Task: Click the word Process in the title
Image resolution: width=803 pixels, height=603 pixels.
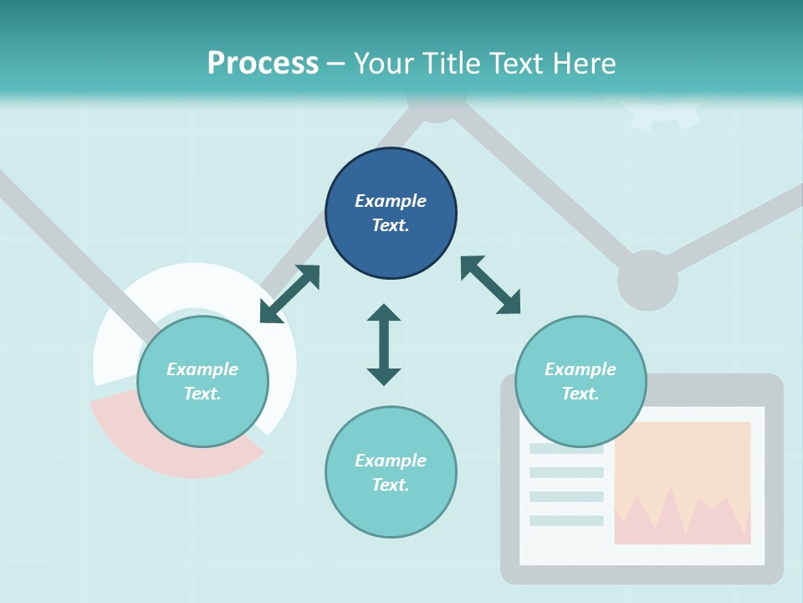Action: tap(263, 64)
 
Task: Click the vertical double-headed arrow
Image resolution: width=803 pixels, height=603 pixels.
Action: tap(384, 344)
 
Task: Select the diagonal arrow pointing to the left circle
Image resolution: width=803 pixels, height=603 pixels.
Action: tap(289, 294)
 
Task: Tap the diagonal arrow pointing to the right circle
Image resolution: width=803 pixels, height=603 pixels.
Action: tap(490, 285)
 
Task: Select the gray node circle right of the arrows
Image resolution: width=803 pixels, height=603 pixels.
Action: tap(647, 281)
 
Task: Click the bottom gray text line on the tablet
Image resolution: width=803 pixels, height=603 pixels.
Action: tap(566, 521)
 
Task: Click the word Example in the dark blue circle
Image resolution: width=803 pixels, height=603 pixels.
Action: tap(391, 201)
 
